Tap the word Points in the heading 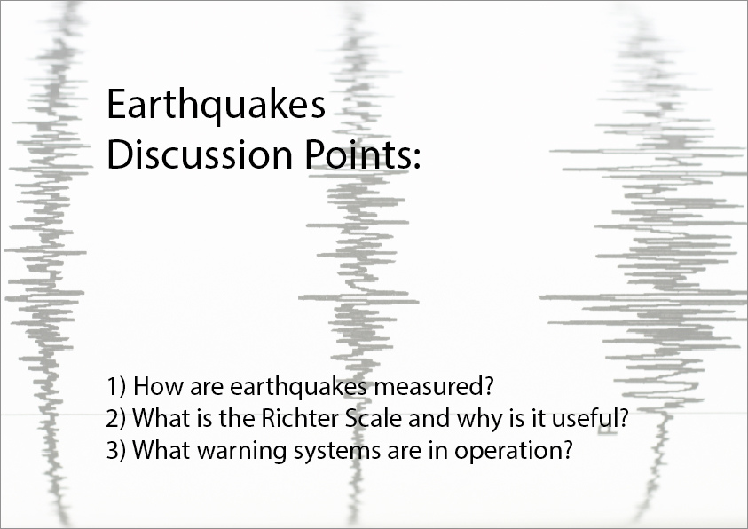[357, 154]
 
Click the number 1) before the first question [116, 386]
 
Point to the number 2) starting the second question [116, 418]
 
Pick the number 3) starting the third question [116, 450]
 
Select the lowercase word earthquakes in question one [299, 387]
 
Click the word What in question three [161, 449]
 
